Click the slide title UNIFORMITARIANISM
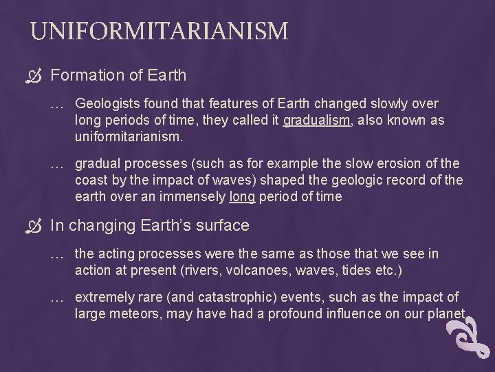coord(159,31)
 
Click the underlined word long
coord(243,198)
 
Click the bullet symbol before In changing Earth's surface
coord(36,226)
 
